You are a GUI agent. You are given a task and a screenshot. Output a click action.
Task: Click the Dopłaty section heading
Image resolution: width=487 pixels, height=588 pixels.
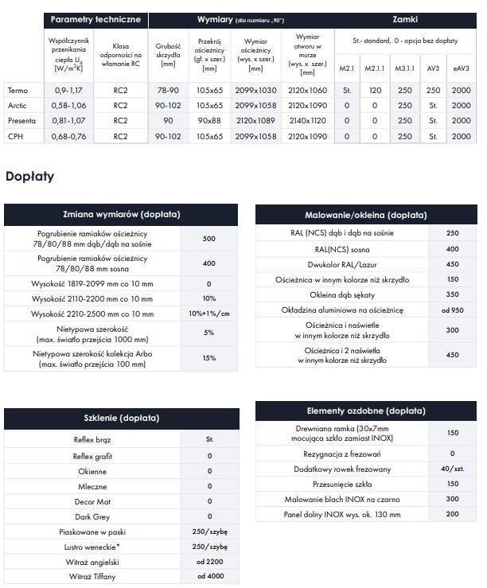[x=30, y=176]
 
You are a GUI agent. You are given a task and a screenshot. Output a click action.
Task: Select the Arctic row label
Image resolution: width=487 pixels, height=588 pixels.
[x=17, y=105]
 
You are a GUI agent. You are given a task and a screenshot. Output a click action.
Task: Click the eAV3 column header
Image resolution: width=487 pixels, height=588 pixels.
[x=461, y=69]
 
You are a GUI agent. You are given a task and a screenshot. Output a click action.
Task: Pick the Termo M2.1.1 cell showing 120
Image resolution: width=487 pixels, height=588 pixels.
[x=376, y=90]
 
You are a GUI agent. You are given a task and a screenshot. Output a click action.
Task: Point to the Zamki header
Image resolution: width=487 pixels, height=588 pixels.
[x=405, y=18]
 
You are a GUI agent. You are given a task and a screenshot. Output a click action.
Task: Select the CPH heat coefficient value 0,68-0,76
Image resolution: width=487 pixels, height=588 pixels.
[x=68, y=136]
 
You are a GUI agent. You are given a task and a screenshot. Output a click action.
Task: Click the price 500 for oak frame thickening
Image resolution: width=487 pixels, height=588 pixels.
[x=209, y=239]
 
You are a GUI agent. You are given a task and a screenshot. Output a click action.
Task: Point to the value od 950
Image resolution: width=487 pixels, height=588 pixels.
[x=453, y=310]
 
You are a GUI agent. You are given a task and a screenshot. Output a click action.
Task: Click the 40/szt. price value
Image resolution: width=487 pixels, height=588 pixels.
[x=453, y=469]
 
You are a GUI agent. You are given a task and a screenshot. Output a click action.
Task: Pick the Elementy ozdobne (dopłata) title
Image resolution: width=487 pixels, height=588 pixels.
[x=342, y=411]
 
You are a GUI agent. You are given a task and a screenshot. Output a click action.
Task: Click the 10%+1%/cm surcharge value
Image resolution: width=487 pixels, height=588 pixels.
[x=209, y=313]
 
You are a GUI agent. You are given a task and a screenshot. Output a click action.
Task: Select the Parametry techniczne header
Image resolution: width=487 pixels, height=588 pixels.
[x=95, y=18]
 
